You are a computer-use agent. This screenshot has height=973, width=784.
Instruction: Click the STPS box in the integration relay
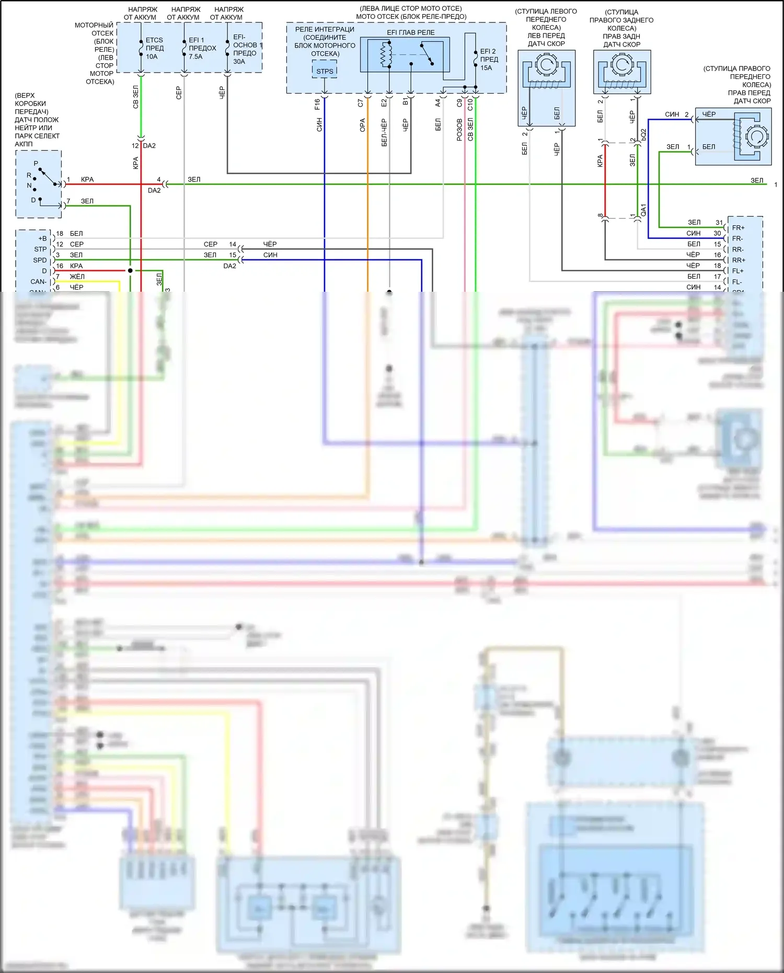point(325,71)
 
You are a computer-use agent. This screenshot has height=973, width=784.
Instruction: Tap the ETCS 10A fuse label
point(154,48)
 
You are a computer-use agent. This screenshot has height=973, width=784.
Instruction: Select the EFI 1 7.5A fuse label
point(202,48)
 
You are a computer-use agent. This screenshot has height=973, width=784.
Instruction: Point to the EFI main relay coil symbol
point(386,54)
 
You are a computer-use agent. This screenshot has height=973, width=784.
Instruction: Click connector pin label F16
point(317,104)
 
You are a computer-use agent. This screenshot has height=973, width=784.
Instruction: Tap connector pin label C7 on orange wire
point(360,104)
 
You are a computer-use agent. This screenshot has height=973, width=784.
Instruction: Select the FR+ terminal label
point(738,228)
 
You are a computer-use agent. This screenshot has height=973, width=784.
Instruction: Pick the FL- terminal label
point(737,282)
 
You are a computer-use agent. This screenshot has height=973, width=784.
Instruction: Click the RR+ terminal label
point(739,260)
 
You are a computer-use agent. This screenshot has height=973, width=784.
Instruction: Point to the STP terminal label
point(40,249)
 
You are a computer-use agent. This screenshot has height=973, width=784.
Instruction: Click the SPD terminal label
point(40,260)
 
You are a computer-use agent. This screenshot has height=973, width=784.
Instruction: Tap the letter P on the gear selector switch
point(36,164)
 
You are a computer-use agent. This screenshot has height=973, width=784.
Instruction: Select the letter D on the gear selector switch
point(33,200)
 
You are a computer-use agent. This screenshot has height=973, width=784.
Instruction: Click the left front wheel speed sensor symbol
point(546,73)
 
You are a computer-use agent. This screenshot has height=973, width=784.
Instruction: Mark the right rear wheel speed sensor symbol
point(622,73)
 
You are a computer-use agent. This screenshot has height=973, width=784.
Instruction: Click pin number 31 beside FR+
point(719,223)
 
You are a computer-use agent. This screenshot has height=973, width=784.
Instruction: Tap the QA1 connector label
point(643,210)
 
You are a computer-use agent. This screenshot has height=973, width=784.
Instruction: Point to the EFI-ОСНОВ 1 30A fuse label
point(246,49)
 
